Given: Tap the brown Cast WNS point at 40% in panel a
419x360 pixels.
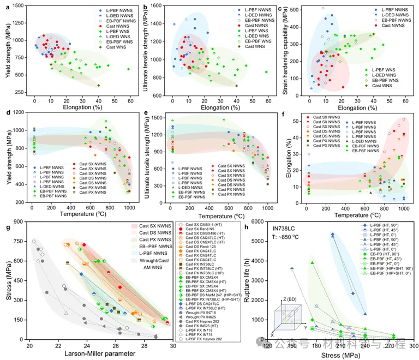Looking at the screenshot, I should [x=99, y=86].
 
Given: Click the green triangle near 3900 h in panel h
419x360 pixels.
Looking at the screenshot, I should [x=313, y=263].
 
